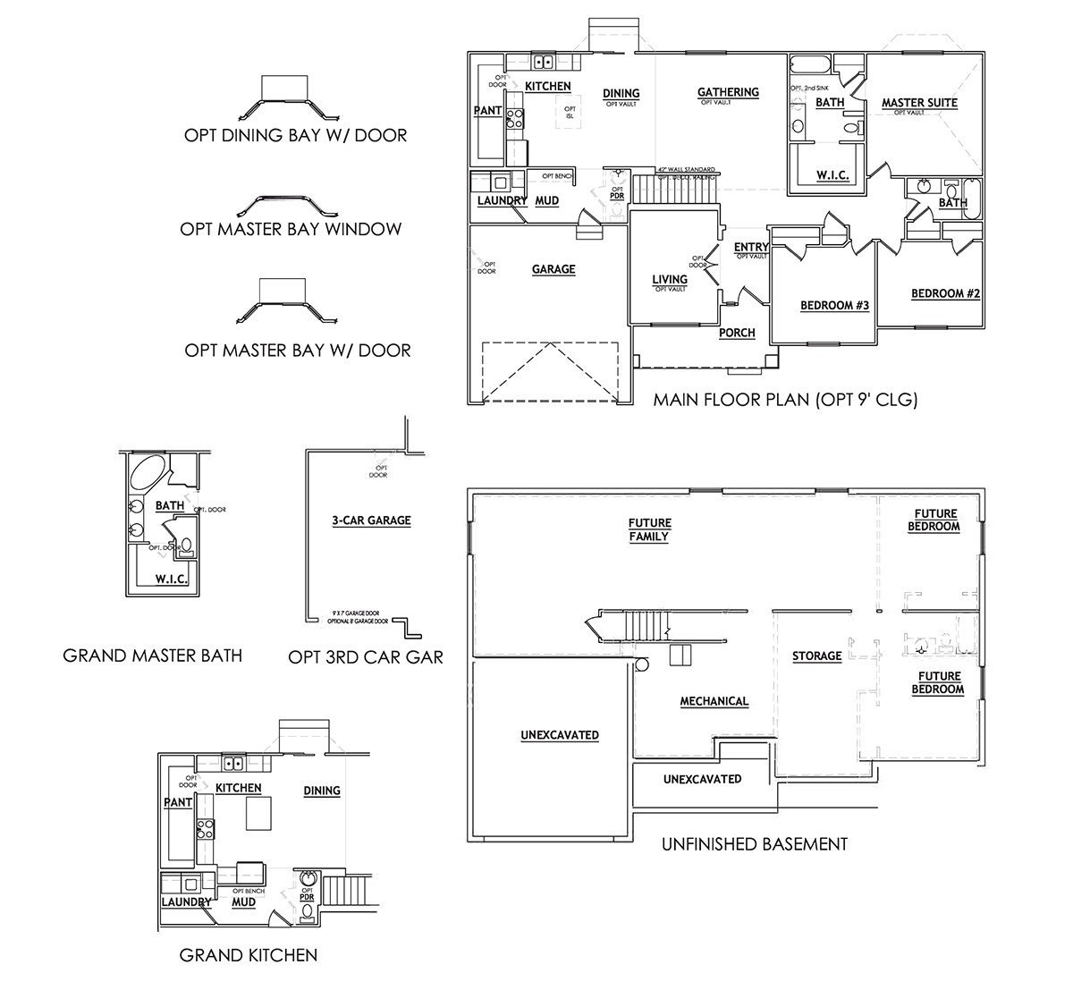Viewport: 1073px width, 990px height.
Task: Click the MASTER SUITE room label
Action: point(919,103)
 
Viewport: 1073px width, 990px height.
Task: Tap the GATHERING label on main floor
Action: point(728,92)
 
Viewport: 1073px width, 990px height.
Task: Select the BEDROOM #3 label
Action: point(834,306)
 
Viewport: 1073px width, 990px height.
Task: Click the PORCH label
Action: point(737,333)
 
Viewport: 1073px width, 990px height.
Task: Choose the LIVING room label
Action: point(670,280)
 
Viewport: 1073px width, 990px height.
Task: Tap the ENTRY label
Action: point(751,248)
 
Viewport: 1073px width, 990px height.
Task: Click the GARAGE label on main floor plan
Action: point(553,269)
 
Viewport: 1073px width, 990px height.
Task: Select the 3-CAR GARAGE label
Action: point(371,520)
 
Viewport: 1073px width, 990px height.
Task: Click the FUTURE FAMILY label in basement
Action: point(649,529)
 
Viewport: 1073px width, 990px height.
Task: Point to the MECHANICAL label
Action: point(714,701)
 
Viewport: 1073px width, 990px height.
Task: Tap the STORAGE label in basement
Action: point(816,656)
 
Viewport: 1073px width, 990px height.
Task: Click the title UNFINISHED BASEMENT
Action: point(754,843)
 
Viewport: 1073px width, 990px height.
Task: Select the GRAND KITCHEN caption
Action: point(249,955)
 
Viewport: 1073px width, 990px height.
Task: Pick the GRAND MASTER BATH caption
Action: point(152,656)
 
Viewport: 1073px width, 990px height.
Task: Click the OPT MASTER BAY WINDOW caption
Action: point(291,229)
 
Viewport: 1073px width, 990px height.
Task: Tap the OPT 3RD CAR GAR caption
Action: point(366,657)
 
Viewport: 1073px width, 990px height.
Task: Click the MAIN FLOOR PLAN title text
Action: point(785,400)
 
